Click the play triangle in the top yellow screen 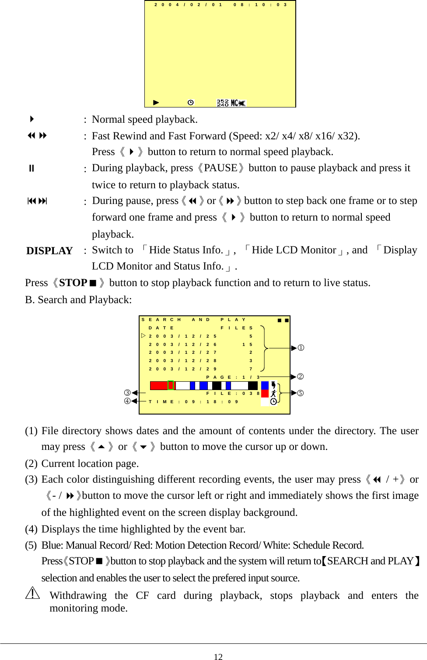point(156,103)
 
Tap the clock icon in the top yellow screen point(191,103)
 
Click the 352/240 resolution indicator point(222,103)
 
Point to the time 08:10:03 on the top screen point(260,5)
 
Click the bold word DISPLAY point(49,251)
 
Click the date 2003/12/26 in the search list point(182,344)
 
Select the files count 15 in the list point(248,344)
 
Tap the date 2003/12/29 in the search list point(182,369)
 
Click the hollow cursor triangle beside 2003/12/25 point(143,335)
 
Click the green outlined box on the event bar point(171,385)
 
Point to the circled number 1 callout point(301,348)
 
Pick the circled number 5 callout point(300,393)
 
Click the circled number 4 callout point(127,401)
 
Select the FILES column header point(237,328)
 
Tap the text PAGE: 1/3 point(233,377)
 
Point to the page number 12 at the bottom point(218,657)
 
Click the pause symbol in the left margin point(31,168)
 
